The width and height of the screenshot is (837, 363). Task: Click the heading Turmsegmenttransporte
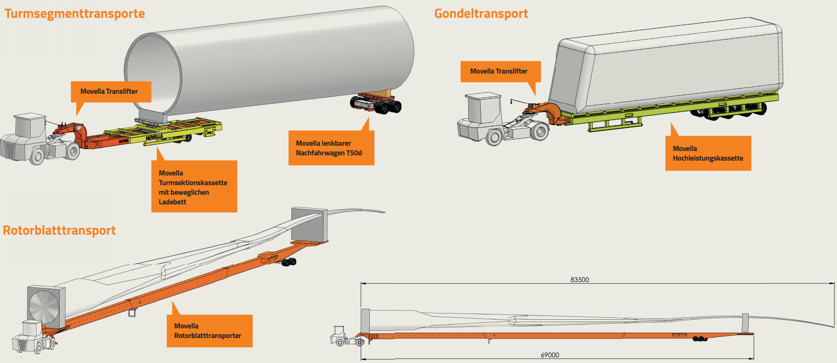tap(75, 13)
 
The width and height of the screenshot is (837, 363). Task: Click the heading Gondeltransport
tap(481, 13)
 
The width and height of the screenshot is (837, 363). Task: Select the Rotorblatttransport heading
tap(59, 230)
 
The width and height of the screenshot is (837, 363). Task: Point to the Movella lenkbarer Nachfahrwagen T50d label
tap(331, 148)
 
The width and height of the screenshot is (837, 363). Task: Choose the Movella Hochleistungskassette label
tap(708, 153)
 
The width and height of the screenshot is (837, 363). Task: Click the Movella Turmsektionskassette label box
tap(194, 187)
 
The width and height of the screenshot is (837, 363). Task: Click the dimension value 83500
tap(579, 280)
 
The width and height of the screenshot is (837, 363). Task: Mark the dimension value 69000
tap(550, 355)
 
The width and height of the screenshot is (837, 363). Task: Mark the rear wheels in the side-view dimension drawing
tap(700, 339)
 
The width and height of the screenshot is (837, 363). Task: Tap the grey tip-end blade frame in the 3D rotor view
tap(309, 225)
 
